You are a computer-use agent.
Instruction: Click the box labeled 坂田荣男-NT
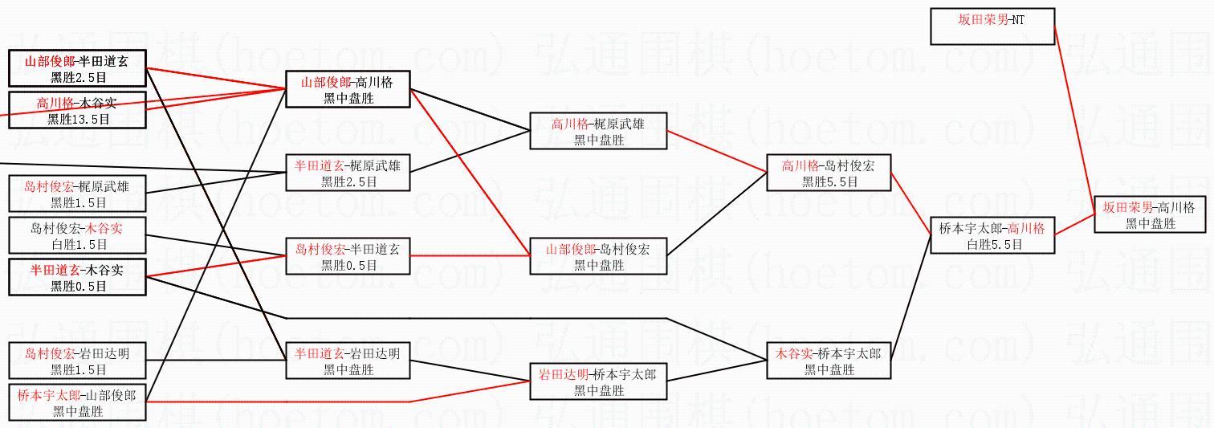pyautogui.click(x=992, y=26)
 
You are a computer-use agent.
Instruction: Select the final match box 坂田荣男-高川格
pyautogui.click(x=1150, y=215)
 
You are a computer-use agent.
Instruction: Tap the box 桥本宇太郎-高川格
pyautogui.click(x=992, y=235)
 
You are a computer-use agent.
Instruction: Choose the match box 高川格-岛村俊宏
pyautogui.click(x=829, y=173)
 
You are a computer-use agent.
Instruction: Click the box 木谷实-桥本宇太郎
pyautogui.click(x=829, y=361)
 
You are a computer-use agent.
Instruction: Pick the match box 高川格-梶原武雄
pyautogui.click(x=598, y=131)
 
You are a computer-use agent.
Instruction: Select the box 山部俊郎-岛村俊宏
pyautogui.click(x=598, y=256)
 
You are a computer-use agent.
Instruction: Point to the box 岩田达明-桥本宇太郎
pyautogui.click(x=598, y=381)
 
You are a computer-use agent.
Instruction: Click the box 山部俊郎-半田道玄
pyautogui.click(x=78, y=68)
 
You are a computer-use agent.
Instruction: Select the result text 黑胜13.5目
pyautogui.click(x=78, y=119)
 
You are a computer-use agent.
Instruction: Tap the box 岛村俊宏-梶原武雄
pyautogui.click(x=78, y=194)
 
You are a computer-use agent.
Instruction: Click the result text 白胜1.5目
pyautogui.click(x=78, y=244)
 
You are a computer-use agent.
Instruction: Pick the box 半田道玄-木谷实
pyautogui.click(x=78, y=277)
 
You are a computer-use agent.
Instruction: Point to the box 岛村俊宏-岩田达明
pyautogui.click(x=78, y=361)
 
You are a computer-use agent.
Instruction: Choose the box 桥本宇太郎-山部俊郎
pyautogui.click(x=78, y=402)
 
